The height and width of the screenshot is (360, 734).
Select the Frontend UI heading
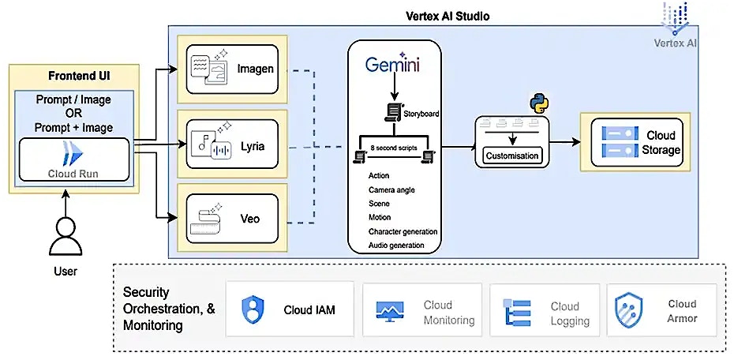[x=74, y=77]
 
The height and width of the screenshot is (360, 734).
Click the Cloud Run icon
[x=73, y=152]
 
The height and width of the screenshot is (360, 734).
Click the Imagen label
[x=255, y=69]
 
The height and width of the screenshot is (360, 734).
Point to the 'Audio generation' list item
[x=396, y=246]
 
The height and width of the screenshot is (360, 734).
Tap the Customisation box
[x=513, y=156]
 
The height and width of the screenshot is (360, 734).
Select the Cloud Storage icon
[x=617, y=142]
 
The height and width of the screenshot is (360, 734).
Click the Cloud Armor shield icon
[x=629, y=309]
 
